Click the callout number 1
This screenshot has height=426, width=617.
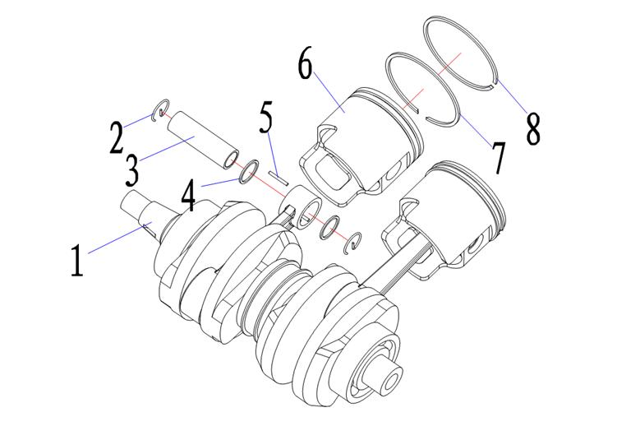(x=77, y=260)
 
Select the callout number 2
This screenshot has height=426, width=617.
(x=116, y=137)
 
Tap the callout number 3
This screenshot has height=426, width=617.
(x=131, y=170)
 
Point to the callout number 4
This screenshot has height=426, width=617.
(x=188, y=196)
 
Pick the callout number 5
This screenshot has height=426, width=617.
(x=266, y=117)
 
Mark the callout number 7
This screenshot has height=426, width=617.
(x=498, y=158)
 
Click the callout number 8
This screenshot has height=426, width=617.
(x=533, y=128)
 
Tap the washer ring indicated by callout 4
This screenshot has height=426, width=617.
(x=249, y=172)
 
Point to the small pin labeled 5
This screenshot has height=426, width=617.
(x=279, y=177)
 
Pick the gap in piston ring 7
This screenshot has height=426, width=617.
(x=424, y=114)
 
